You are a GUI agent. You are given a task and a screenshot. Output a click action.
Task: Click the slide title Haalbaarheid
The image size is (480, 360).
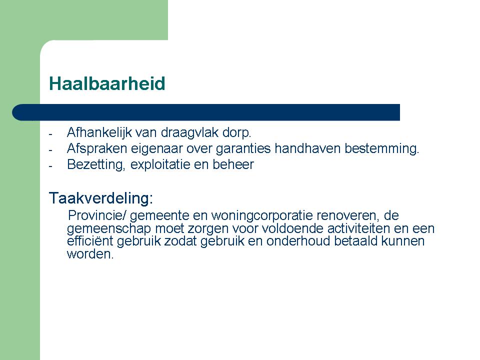pyautogui.click(x=107, y=83)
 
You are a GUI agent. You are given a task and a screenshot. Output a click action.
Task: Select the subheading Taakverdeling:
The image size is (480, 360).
pyautogui.click(x=101, y=198)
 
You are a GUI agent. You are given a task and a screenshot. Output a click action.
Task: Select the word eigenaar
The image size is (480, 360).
pyautogui.click(x=156, y=149)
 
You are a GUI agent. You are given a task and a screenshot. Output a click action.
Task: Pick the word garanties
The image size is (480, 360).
pyautogui.click(x=243, y=149)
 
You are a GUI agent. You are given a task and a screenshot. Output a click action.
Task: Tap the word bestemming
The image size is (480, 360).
pyautogui.click(x=381, y=149)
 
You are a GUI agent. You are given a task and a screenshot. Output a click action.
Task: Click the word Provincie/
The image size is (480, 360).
pyautogui.click(x=97, y=215)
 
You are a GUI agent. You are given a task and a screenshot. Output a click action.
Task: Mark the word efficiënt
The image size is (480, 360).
pyautogui.click(x=90, y=241)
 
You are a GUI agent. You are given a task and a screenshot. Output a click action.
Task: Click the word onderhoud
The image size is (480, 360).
pyautogui.click(x=298, y=241)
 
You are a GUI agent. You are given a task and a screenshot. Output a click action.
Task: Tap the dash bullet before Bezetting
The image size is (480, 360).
pyautogui.click(x=50, y=166)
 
